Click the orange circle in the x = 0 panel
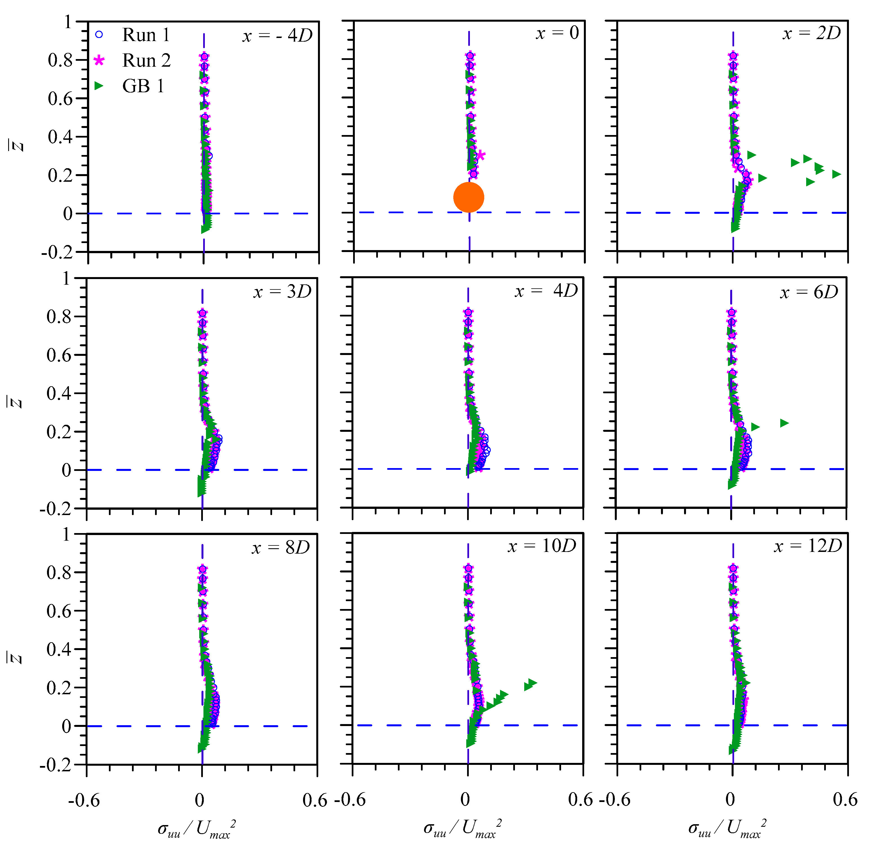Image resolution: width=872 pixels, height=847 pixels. tap(468, 197)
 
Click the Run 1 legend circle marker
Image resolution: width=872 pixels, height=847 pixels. tap(99, 35)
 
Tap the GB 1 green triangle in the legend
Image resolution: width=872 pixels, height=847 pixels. tap(99, 86)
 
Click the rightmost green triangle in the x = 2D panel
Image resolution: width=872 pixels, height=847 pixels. tap(837, 174)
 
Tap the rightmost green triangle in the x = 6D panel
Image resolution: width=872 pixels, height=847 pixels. tap(784, 423)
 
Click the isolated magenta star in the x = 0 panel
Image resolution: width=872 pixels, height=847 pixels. tap(481, 155)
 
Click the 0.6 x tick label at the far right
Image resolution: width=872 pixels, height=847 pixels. tap(844, 800)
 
